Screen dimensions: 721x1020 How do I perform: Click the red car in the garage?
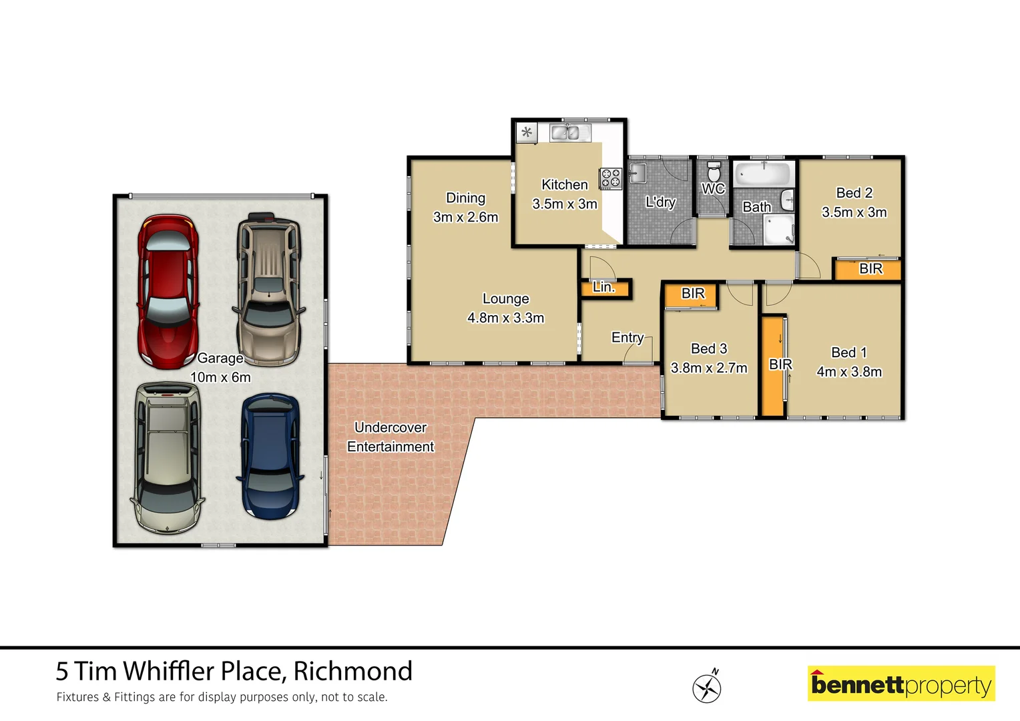[168, 290]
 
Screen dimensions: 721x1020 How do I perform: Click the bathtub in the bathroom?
[762, 175]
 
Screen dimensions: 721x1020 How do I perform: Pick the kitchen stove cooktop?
[610, 178]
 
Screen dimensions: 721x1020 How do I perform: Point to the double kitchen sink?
[569, 132]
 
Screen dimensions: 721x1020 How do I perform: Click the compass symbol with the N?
[706, 687]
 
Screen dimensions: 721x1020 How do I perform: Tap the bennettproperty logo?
[901, 684]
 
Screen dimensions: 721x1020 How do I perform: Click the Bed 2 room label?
[854, 193]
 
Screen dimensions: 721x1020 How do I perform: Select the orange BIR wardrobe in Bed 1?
[773, 366]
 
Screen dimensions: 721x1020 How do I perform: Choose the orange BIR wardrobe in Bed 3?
[692, 294]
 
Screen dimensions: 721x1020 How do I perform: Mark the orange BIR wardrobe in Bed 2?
[868, 269]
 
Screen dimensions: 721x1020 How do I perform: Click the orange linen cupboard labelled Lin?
[604, 288]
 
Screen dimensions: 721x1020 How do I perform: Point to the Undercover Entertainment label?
[391, 437]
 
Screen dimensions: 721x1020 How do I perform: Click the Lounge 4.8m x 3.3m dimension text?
[505, 318]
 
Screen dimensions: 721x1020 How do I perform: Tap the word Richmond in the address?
[352, 671]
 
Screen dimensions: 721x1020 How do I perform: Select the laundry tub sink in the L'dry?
[636, 173]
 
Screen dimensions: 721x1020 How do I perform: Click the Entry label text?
[627, 338]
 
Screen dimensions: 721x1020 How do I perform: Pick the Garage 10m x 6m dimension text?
[220, 377]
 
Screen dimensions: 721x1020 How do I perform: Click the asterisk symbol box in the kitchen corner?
[527, 132]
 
